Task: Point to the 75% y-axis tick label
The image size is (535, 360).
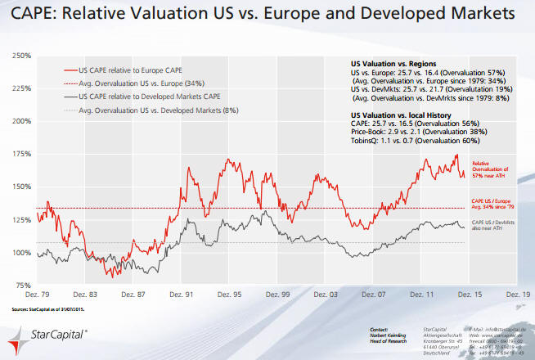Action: point(21,285)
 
